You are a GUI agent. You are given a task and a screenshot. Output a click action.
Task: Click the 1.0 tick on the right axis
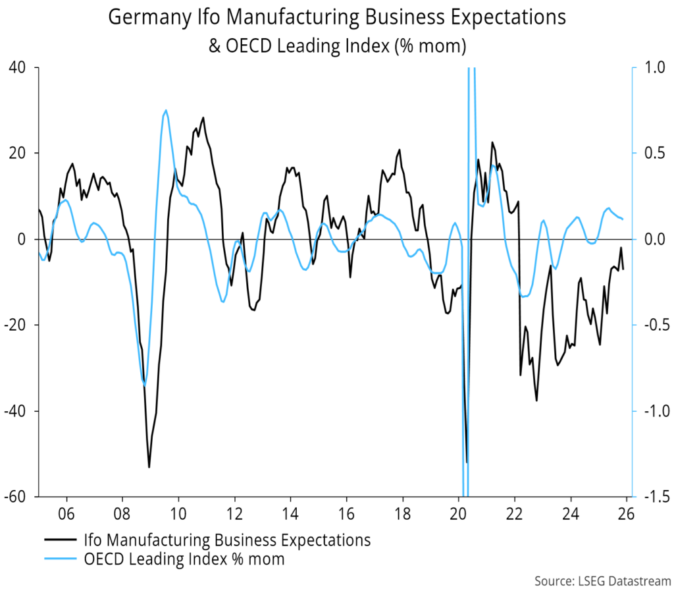coord(650,67)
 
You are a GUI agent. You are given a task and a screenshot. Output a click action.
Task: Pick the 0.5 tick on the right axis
coord(650,153)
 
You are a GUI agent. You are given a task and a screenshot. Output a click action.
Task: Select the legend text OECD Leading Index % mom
coord(186,559)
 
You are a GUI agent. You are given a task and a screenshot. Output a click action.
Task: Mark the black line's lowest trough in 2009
coord(149,467)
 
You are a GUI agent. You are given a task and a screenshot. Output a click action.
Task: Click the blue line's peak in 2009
coord(165,111)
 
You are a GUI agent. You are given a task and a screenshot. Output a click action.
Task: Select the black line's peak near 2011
coord(203,118)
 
